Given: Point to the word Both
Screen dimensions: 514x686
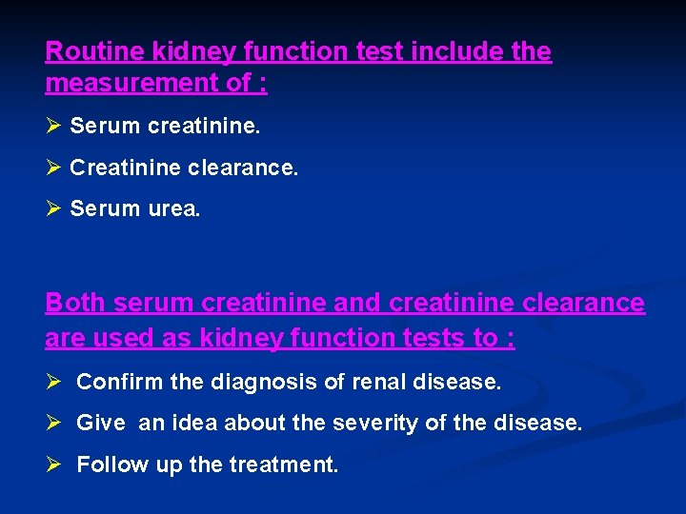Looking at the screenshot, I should (75, 304).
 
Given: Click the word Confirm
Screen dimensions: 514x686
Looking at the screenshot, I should (120, 383).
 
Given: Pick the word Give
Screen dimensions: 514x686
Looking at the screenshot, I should (101, 423).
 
